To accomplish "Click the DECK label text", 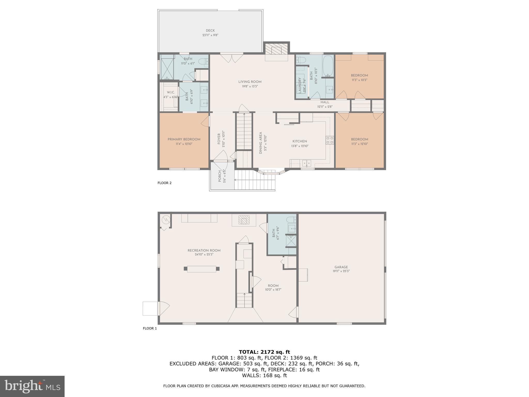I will click(210, 30).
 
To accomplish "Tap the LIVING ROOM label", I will click(250, 82).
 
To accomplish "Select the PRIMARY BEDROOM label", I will click(184, 139).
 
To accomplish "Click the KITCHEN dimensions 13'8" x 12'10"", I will click(300, 146).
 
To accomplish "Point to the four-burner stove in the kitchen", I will click(330, 140).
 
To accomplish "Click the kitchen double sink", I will click(307, 163).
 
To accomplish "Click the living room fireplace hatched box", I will click(276, 49).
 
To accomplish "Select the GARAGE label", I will click(341, 267).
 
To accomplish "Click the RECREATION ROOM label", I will click(204, 250).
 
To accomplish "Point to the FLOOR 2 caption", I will click(165, 183).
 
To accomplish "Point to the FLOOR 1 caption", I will click(150, 329).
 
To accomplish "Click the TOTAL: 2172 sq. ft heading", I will click(264, 352).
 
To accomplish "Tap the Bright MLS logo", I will click(32, 386).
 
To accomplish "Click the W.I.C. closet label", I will click(171, 92).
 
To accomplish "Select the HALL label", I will click(325, 102).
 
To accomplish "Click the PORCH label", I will click(220, 176).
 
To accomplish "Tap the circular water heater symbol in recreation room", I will click(165, 220).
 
